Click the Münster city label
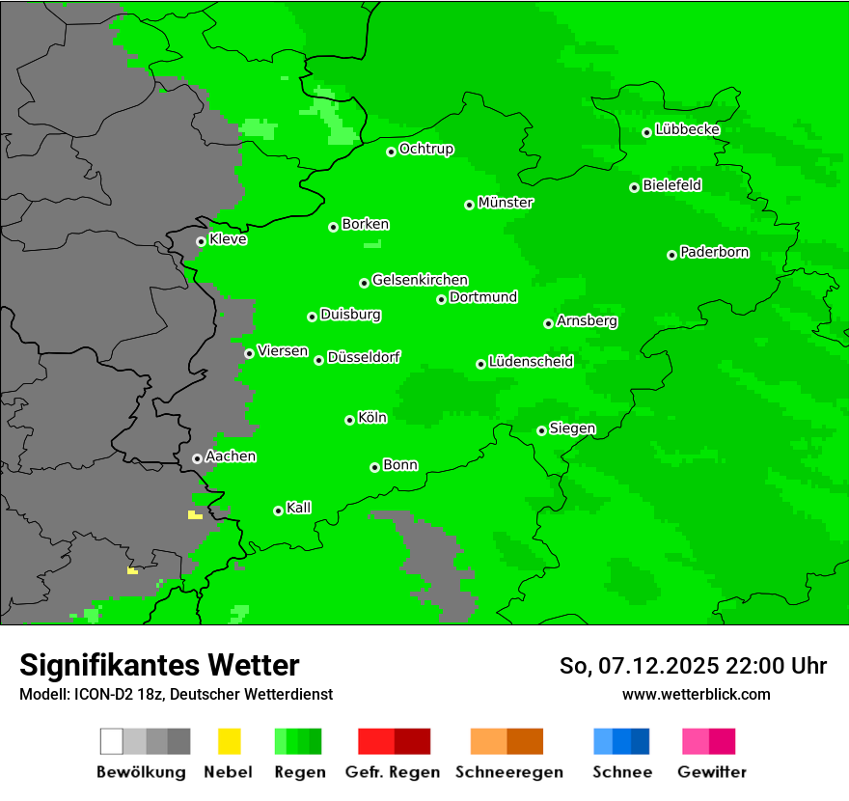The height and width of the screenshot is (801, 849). pos(506,203)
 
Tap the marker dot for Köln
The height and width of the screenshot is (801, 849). pos(349,420)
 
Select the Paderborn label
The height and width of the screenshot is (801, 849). pos(715,253)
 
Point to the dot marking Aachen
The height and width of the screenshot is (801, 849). pos(197,458)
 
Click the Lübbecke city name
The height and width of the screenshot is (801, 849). pos(688,129)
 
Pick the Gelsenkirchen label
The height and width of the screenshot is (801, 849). pos(420,280)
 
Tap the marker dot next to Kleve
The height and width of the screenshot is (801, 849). pos(201,241)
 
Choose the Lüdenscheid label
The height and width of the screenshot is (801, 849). pos(531,362)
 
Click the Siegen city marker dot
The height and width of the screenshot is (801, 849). pos(541,430)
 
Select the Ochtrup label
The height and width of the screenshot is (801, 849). pos(426,149)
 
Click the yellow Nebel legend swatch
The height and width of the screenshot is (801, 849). pos(229,741)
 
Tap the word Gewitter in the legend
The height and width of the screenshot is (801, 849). pos(712,772)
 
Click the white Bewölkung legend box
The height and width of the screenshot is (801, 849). pos(112,741)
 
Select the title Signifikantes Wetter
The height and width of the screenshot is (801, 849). pos(159,665)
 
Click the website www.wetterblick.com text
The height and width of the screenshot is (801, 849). pos(696,694)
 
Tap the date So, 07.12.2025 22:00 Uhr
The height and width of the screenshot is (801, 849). pos(693,666)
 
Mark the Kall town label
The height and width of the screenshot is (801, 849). pos(299,508)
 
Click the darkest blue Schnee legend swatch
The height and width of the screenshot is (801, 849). pos(640,741)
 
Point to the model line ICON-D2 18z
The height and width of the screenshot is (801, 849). pos(176,694)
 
